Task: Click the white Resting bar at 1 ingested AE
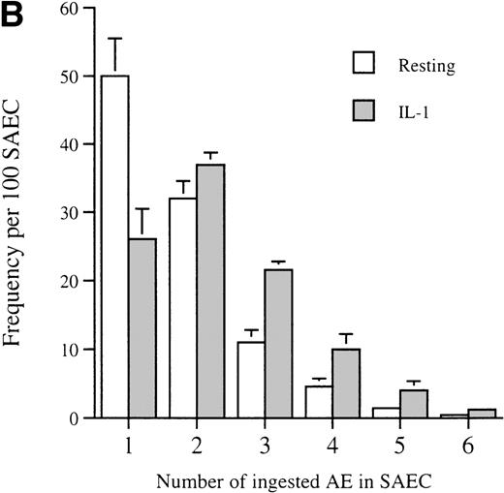[x=114, y=246]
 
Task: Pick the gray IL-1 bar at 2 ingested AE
[x=210, y=291]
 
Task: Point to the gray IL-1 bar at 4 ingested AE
[x=345, y=384]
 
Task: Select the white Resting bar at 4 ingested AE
[x=317, y=402]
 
